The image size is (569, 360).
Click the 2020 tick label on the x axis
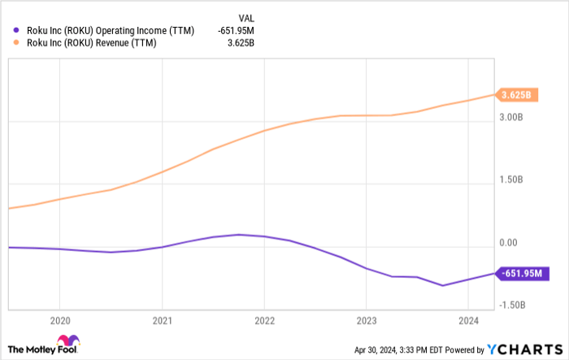(x=60, y=319)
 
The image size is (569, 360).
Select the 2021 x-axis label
(x=163, y=319)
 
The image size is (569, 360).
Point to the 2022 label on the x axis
(x=265, y=319)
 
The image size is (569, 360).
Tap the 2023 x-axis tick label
(x=367, y=319)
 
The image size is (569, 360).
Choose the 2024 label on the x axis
(x=468, y=319)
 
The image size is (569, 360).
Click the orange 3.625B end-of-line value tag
(x=518, y=95)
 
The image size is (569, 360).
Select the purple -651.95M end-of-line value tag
(x=523, y=274)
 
